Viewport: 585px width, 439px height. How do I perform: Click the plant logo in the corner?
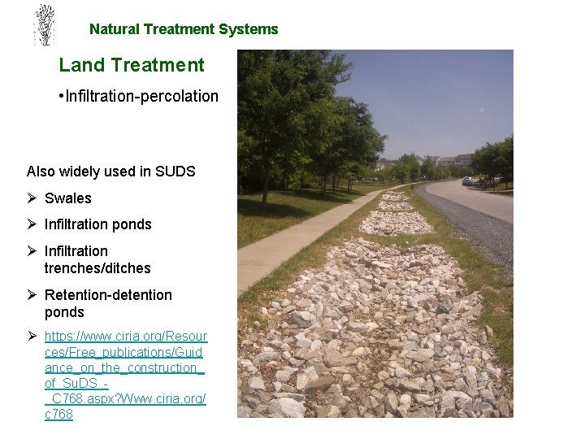pos(43,25)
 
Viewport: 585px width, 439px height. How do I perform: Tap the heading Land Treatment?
pos(132,65)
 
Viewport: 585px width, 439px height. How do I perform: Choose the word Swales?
pos(68,198)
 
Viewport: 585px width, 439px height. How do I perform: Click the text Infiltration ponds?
pos(98,224)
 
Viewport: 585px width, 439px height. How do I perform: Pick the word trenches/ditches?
pos(97,268)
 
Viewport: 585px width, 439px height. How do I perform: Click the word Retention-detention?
pos(108,295)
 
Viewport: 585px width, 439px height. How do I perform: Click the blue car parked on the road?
pos(466,180)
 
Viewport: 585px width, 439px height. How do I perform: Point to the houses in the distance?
pos(451,160)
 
